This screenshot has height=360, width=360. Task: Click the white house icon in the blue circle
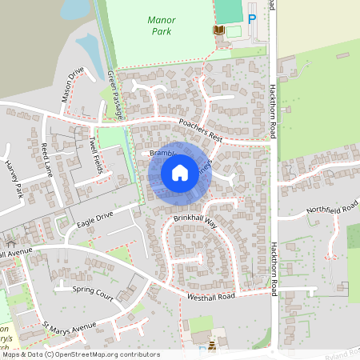[180, 172]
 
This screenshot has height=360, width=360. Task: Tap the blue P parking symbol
[253, 20]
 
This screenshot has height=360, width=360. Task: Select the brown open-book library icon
[218, 30]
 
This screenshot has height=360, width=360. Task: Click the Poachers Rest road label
[200, 130]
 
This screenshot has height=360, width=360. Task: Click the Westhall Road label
[211, 296]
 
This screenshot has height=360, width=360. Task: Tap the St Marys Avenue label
[70, 328]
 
